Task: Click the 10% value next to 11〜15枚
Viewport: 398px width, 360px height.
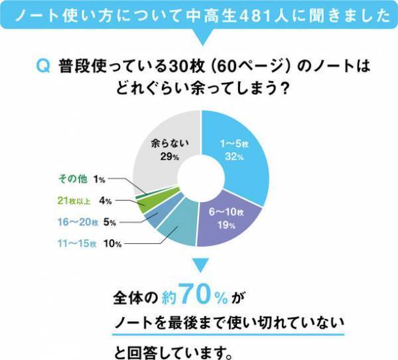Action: click(111, 244)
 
